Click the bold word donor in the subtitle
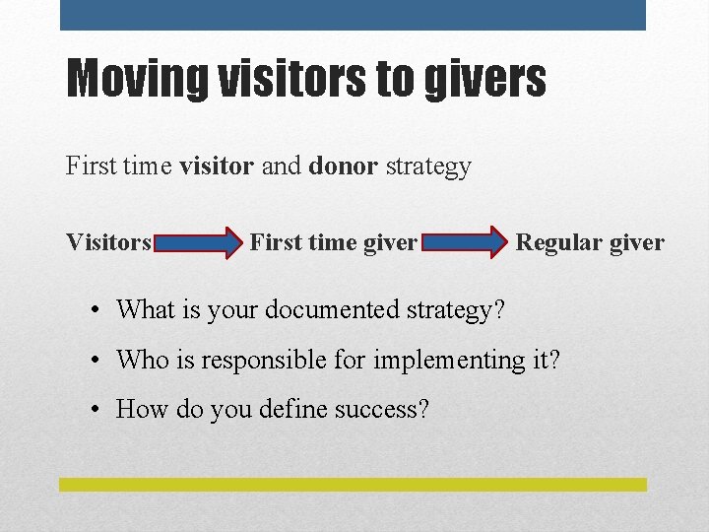[343, 166]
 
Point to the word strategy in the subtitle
[428, 166]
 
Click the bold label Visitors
[108, 242]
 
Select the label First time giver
[334, 242]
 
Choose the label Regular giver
[590, 242]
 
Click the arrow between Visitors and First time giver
[200, 242]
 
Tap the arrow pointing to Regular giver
[468, 242]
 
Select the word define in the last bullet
[292, 409]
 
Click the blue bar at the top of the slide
[353, 15]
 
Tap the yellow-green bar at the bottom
[353, 485]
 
